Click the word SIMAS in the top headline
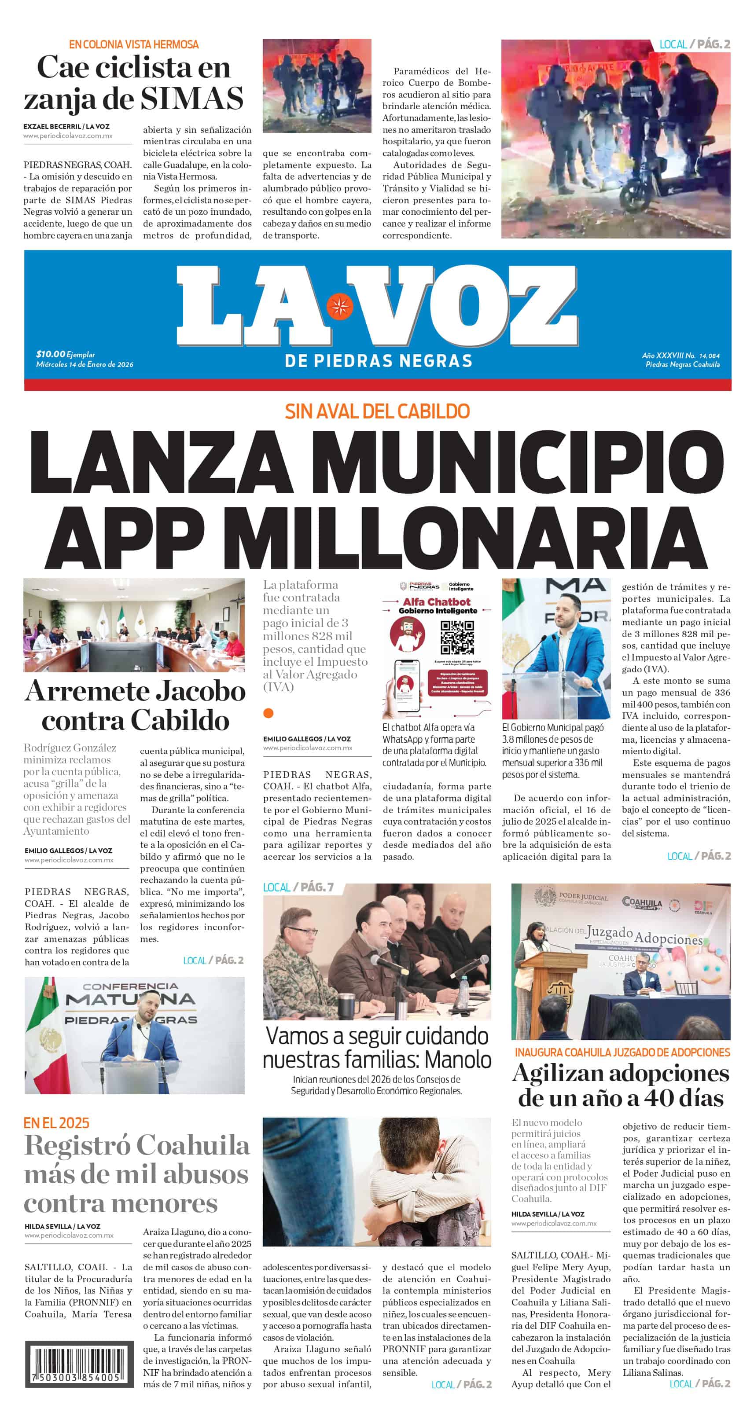[192, 99]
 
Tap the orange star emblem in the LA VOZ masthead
[339, 306]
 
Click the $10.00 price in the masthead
[50, 354]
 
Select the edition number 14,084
[710, 356]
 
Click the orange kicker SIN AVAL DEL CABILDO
[377, 411]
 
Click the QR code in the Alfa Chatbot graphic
[457, 637]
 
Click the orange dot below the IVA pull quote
[268, 713]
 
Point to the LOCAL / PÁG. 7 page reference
[298, 887]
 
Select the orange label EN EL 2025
[56, 1122]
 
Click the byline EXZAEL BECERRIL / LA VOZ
[66, 126]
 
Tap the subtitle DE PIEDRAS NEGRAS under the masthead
[378, 361]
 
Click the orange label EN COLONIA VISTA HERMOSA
[133, 44]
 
